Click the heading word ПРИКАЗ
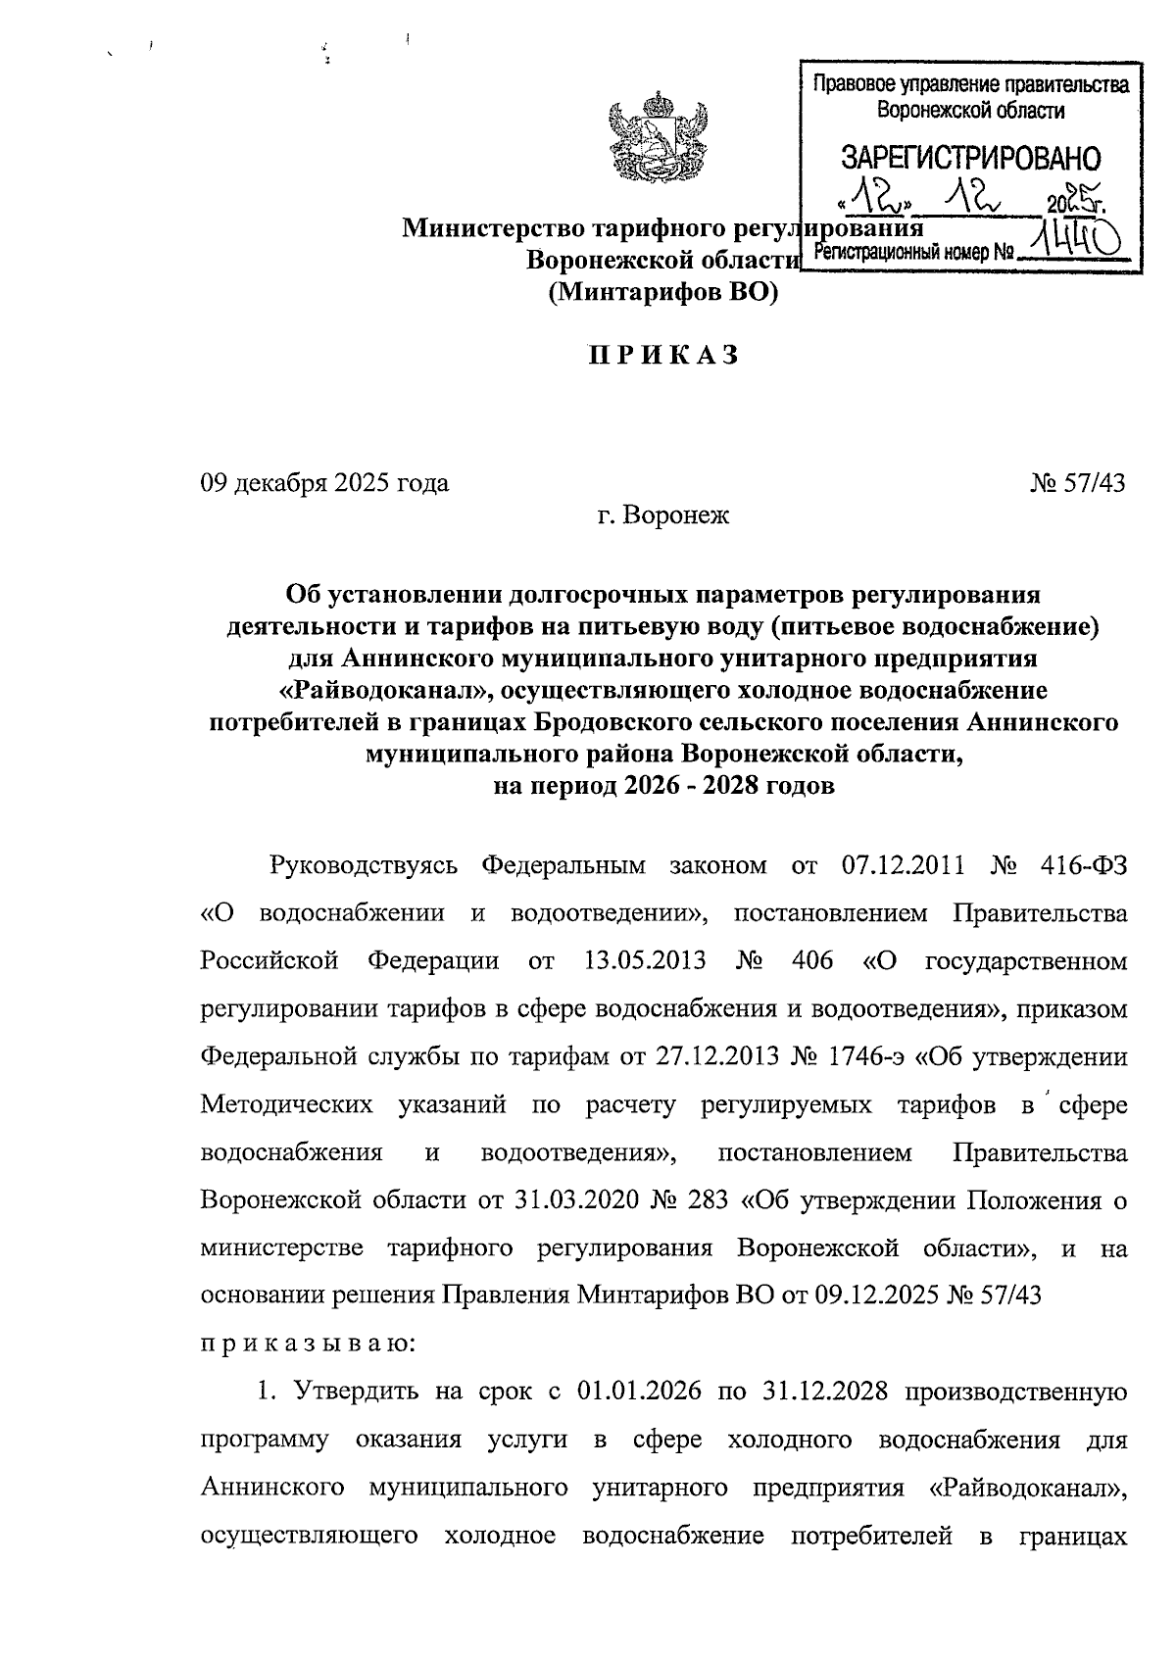point(662,357)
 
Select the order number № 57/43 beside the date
point(1077,483)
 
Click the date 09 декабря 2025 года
point(324,483)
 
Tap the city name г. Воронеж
point(663,514)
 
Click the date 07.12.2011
point(904,866)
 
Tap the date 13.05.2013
point(644,960)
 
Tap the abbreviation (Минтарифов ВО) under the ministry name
point(662,291)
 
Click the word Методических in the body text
point(286,1105)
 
